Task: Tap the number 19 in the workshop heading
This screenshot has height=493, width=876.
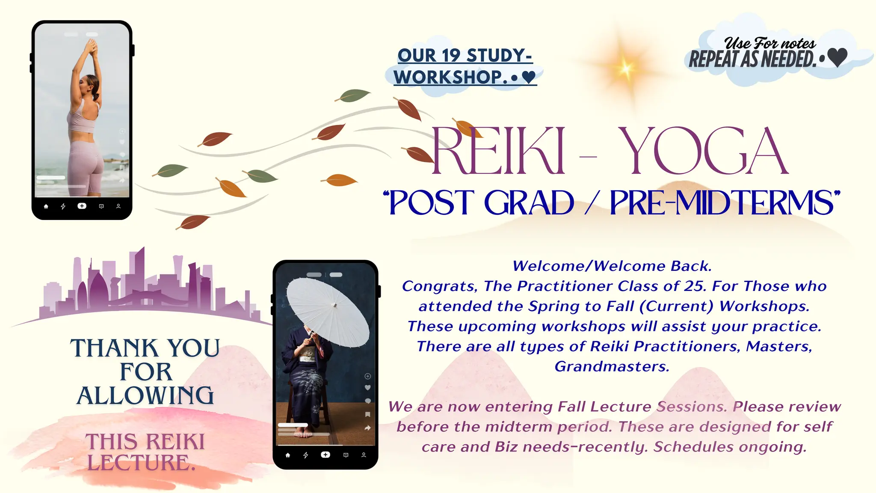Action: (x=451, y=55)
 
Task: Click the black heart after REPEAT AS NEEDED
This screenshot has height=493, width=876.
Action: (x=837, y=57)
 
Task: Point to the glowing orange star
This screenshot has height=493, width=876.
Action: (x=625, y=68)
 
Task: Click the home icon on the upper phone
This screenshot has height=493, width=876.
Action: (x=46, y=206)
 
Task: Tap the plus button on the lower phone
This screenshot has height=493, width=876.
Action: (x=326, y=454)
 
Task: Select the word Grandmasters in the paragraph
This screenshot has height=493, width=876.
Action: (x=612, y=367)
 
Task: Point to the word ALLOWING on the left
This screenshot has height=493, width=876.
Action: (x=145, y=396)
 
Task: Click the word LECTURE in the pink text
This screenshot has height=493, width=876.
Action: (x=139, y=463)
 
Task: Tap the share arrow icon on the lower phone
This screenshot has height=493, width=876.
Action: (x=367, y=428)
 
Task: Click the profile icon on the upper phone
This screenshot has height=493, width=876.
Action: (x=118, y=206)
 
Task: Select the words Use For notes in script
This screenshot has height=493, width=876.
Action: (x=770, y=43)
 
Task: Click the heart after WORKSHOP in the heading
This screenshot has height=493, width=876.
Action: (x=529, y=77)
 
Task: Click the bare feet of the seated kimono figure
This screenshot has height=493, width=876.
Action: (x=304, y=434)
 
